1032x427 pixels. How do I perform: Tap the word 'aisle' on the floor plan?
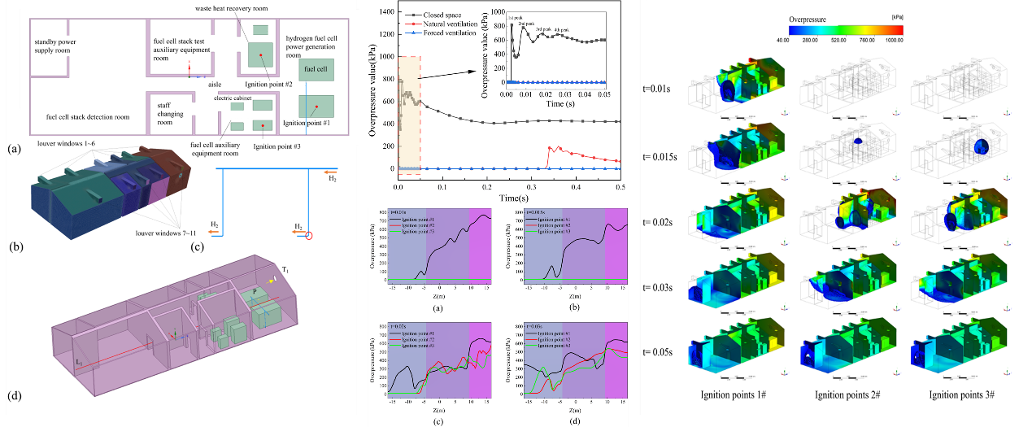pos(215,83)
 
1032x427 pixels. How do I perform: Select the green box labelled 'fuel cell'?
pos(316,70)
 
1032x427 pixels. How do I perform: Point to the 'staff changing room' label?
pos(170,111)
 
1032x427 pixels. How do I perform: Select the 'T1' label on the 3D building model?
pos(285,268)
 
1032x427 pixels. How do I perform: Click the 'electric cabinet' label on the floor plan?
pos(233,98)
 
